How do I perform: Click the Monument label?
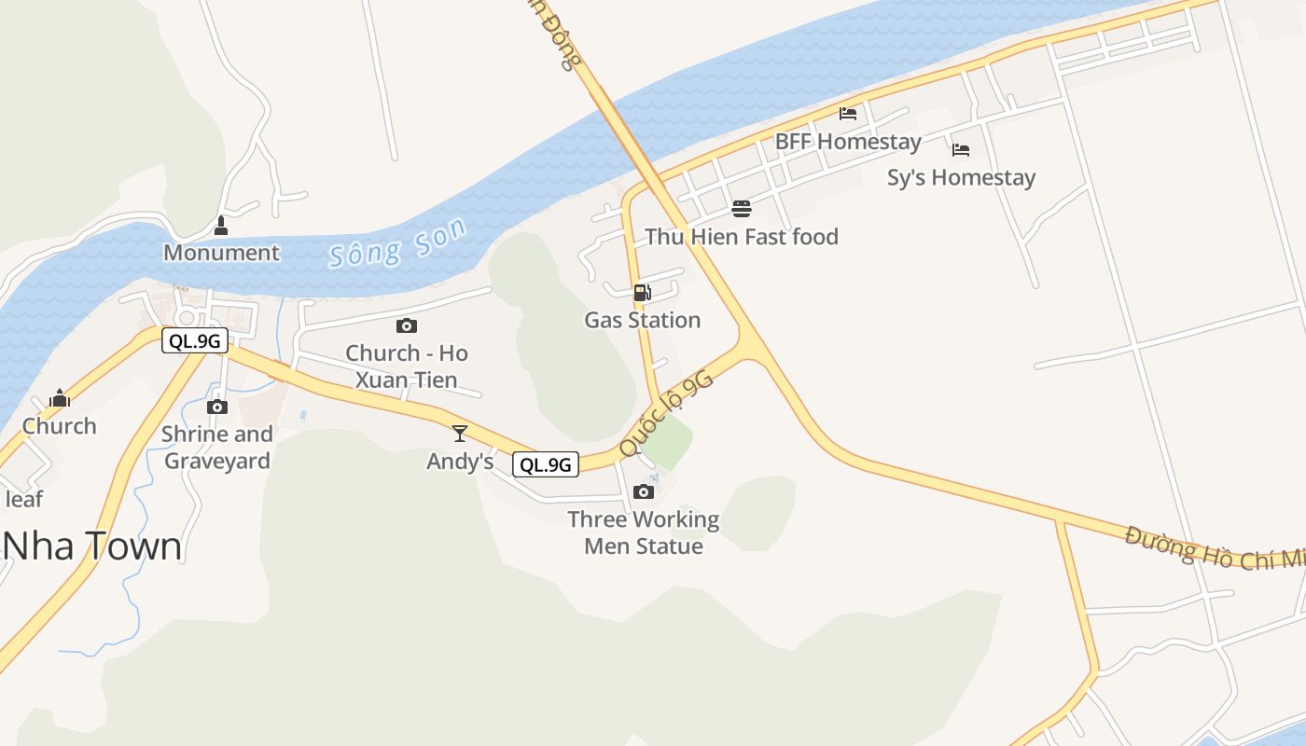coord(221,253)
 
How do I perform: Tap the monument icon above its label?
coord(221,226)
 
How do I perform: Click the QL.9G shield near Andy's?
coord(546,464)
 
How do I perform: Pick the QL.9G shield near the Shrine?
coord(195,340)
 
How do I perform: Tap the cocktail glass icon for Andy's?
coord(459,433)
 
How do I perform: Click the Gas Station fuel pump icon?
coord(642,293)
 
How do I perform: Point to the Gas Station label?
coord(642,320)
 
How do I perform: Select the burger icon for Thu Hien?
coord(742,208)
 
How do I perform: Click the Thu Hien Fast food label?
coord(742,237)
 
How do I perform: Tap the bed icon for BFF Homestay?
coord(848,114)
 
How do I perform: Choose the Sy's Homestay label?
coord(961,177)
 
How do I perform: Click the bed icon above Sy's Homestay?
coord(961,149)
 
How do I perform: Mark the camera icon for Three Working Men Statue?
coord(644,491)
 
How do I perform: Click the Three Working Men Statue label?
coord(644,532)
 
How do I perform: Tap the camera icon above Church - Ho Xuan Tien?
coord(406,325)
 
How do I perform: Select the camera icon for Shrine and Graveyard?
coord(217,407)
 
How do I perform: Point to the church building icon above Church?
coord(60,398)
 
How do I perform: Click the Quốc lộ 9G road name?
coord(665,414)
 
